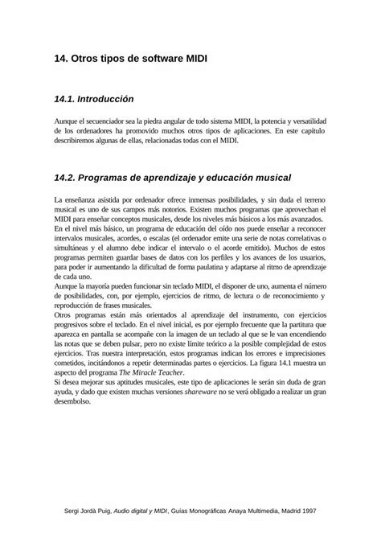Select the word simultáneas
pyautogui.click(x=73, y=249)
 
